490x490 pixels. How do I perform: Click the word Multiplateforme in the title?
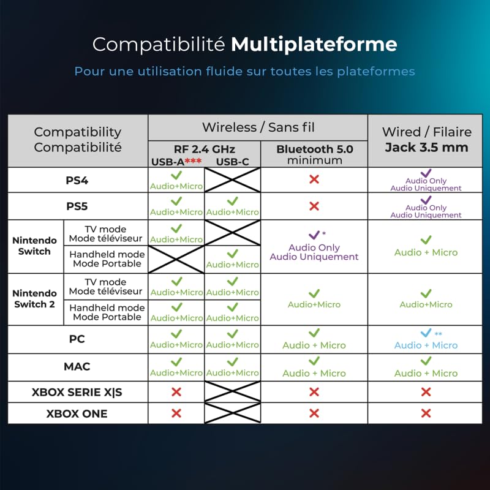click(x=314, y=45)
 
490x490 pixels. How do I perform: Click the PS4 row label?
click(x=77, y=180)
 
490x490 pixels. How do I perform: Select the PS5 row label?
click(x=77, y=206)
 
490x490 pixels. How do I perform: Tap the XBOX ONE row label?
click(x=77, y=414)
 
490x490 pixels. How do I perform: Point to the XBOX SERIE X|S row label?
click(x=77, y=392)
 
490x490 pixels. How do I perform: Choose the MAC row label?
click(x=77, y=366)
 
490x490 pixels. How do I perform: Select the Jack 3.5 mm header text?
click(x=426, y=147)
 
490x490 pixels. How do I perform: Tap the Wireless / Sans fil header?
click(x=258, y=127)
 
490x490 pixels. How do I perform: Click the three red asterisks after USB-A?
click(x=193, y=161)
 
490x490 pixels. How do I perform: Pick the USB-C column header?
click(x=233, y=162)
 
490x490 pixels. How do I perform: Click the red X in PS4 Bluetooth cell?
click(x=314, y=179)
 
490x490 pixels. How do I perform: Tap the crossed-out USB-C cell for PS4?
click(x=233, y=180)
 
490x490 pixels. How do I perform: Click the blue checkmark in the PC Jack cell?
click(x=426, y=333)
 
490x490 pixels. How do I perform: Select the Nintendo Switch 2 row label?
click(x=34, y=299)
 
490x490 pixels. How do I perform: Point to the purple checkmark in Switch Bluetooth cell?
click(x=314, y=235)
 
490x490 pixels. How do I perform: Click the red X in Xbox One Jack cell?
click(x=426, y=413)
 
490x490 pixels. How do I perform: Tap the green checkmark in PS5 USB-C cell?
click(x=233, y=201)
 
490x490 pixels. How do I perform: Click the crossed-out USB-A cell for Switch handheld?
click(x=176, y=259)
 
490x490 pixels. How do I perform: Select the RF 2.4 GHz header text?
click(x=205, y=149)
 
